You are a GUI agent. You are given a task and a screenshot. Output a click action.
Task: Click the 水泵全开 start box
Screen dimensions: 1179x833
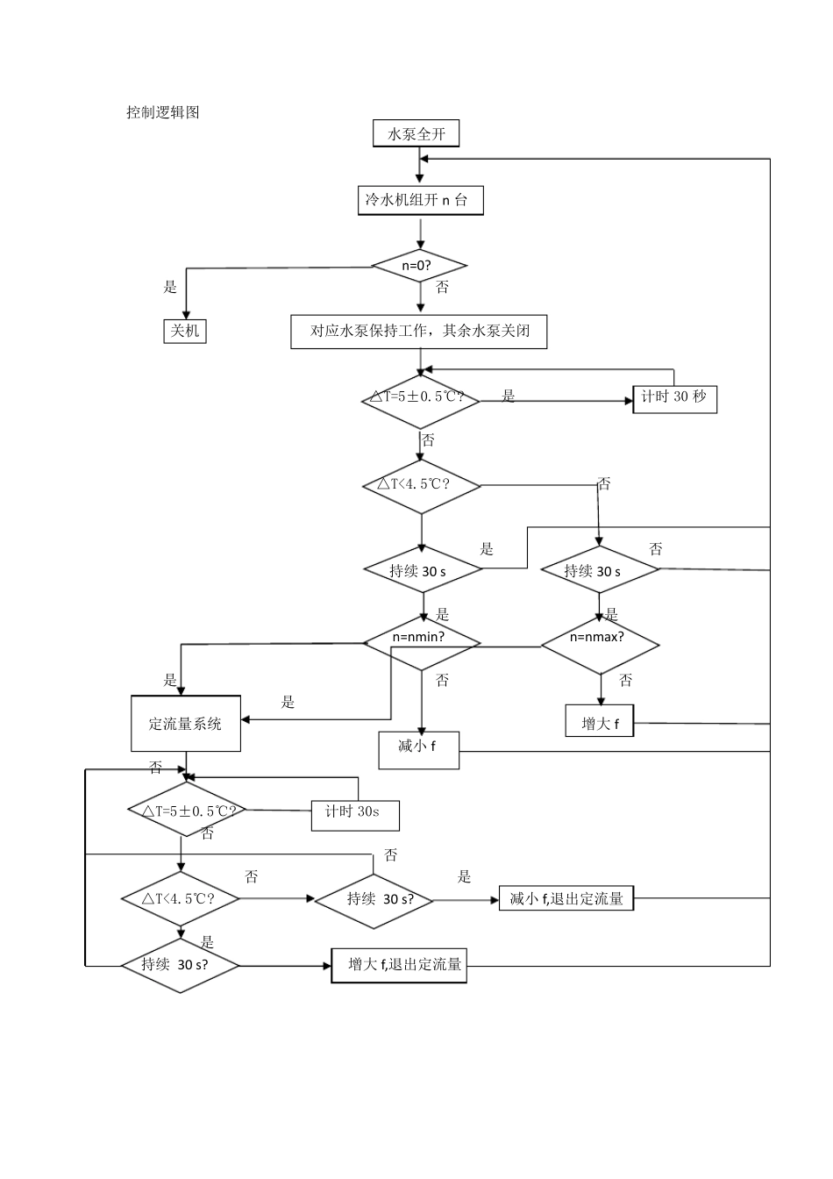click(x=416, y=134)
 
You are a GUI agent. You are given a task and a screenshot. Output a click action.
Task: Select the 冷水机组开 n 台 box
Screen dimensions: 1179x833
click(x=420, y=200)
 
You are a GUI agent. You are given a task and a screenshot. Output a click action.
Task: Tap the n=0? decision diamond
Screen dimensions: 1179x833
click(x=420, y=265)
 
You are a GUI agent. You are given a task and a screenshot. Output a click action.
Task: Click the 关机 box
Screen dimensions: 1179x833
click(x=185, y=330)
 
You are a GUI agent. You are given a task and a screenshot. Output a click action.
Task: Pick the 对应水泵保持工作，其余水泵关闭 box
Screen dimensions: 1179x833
click(x=418, y=332)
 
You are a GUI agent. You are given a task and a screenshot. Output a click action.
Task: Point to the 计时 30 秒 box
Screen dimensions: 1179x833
click(x=673, y=397)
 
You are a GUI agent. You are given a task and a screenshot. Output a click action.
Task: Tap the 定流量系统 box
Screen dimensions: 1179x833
click(x=186, y=724)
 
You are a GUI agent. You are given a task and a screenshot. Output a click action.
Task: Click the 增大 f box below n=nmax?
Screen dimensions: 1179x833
click(x=600, y=723)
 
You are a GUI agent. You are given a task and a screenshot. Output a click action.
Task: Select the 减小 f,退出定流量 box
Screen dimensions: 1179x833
click(x=566, y=898)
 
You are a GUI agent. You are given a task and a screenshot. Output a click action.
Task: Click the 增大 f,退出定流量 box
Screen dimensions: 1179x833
click(x=398, y=965)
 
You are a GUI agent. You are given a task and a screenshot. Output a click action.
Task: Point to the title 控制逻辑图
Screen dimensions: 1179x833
click(x=163, y=112)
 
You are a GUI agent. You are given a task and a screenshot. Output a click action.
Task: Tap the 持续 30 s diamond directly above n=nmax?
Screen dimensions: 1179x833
click(x=600, y=571)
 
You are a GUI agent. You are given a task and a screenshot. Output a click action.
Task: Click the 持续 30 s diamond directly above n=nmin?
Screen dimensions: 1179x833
click(x=423, y=571)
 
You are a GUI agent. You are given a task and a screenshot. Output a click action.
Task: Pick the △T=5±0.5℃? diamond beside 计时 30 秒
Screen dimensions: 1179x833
click(x=421, y=398)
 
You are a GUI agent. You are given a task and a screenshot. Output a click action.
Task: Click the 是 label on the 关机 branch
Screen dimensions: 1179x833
click(x=170, y=287)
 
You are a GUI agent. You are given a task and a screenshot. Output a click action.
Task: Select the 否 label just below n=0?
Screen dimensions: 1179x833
click(x=442, y=288)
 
